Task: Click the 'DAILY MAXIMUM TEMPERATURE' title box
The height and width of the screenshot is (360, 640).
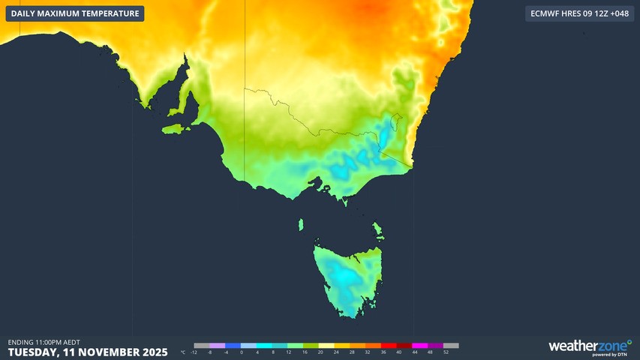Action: pyautogui.click(x=74, y=13)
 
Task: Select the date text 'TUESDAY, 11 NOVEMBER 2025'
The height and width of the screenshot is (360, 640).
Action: pyautogui.click(x=88, y=352)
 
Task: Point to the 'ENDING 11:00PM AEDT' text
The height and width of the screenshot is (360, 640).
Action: pyautogui.click(x=44, y=342)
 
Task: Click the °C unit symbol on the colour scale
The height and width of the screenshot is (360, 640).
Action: pyautogui.click(x=183, y=352)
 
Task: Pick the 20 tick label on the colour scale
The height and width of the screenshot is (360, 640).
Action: pyautogui.click(x=320, y=352)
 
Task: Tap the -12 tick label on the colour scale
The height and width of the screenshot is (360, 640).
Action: pyautogui.click(x=194, y=352)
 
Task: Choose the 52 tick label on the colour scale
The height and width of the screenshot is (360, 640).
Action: pyautogui.click(x=446, y=352)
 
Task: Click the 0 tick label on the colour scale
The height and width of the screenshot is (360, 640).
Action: pyautogui.click(x=242, y=352)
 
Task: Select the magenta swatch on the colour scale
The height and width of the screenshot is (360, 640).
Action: pyautogui.click(x=419, y=346)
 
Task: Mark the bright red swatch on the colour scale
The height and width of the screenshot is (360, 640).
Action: pyautogui.click(x=388, y=346)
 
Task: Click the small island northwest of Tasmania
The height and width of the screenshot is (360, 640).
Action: pyautogui.click(x=300, y=224)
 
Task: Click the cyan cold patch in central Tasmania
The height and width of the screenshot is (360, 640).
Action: pyautogui.click(x=346, y=275)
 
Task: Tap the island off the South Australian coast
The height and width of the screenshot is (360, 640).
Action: pyautogui.click(x=173, y=129)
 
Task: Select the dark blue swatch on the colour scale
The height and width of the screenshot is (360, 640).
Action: pyautogui.click(x=233, y=346)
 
